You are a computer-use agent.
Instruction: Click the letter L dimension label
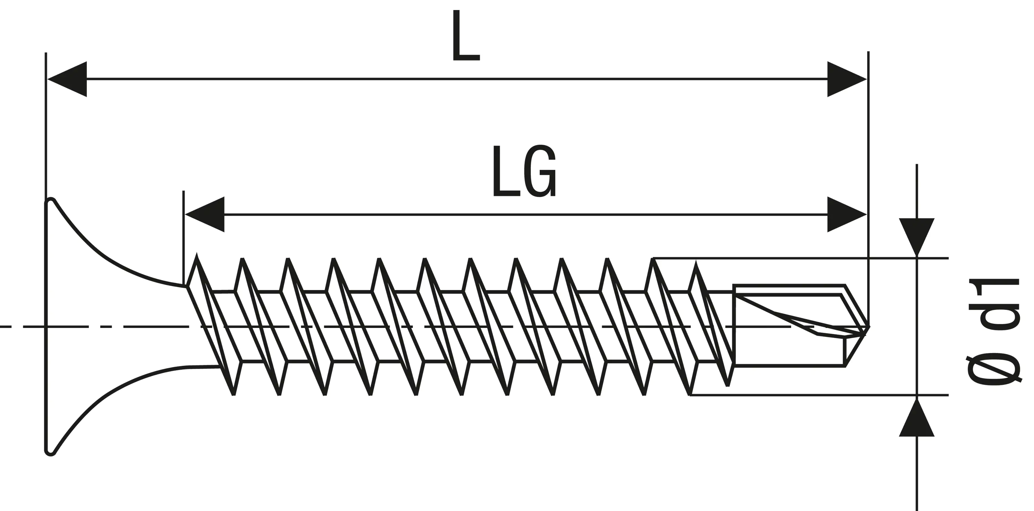coord(466,36)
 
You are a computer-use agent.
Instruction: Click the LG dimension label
coord(524,171)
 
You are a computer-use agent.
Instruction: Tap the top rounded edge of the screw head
coord(50,200)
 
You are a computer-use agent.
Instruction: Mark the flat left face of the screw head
coord(46,326)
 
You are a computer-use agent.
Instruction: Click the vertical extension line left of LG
coord(183,237)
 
